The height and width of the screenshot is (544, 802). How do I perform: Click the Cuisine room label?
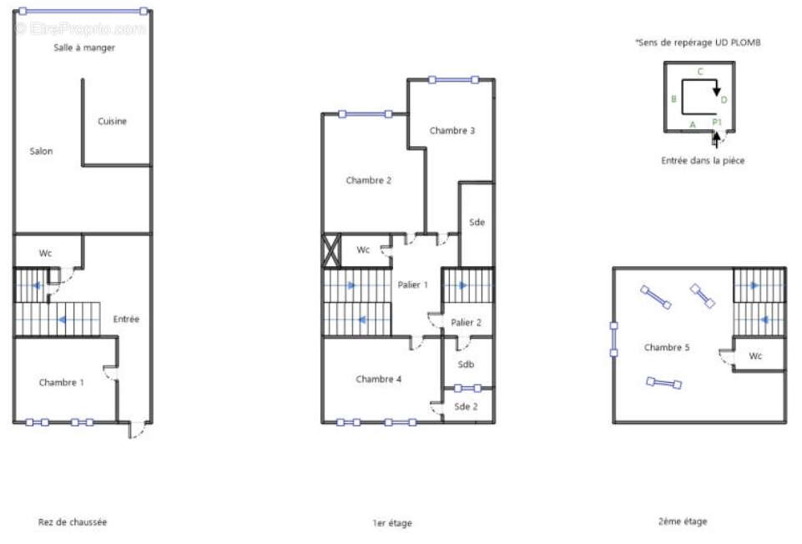point(112,121)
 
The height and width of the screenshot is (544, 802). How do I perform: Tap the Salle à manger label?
point(84,48)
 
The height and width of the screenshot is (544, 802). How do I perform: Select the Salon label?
point(41,151)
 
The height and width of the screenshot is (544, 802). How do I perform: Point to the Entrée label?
point(126,319)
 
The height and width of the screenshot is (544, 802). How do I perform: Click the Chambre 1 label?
point(62,382)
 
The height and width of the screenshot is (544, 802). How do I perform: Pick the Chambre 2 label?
point(368,180)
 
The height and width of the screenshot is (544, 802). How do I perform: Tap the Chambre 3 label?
point(452,130)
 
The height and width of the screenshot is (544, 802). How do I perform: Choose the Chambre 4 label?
point(379,379)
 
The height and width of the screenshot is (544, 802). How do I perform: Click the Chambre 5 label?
point(667,348)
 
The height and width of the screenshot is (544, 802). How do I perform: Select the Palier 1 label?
point(413,285)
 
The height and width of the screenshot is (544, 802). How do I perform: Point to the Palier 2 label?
point(466,323)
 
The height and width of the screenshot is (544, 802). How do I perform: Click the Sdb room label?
point(466,365)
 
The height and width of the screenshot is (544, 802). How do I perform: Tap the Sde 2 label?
point(466,406)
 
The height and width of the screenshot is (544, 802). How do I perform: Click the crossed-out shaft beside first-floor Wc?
point(331,250)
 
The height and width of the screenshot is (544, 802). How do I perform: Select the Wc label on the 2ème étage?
point(755,355)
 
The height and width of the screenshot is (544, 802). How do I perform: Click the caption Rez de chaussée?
point(73,522)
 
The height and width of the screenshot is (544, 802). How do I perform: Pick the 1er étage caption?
point(392,523)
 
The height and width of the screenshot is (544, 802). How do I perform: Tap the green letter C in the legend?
point(701,72)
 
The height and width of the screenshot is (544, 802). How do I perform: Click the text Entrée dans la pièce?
point(703,160)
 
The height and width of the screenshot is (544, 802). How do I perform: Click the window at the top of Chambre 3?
point(454,80)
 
